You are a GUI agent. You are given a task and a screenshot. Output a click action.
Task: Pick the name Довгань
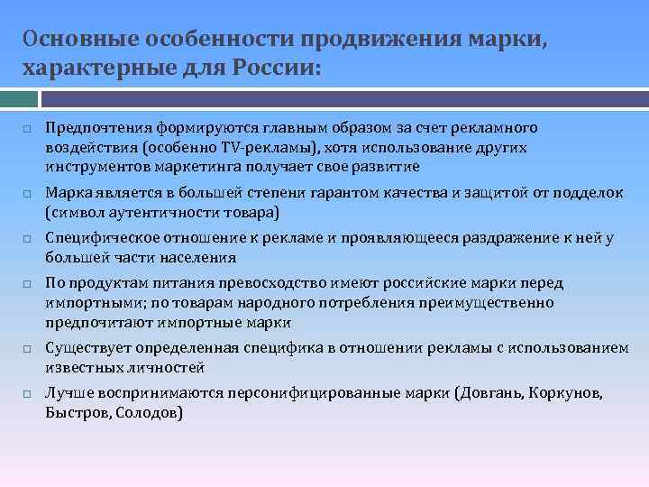tap(492, 394)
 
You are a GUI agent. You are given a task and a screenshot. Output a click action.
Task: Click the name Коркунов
tap(566, 394)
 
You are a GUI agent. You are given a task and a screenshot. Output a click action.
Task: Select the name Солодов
tap(149, 413)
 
